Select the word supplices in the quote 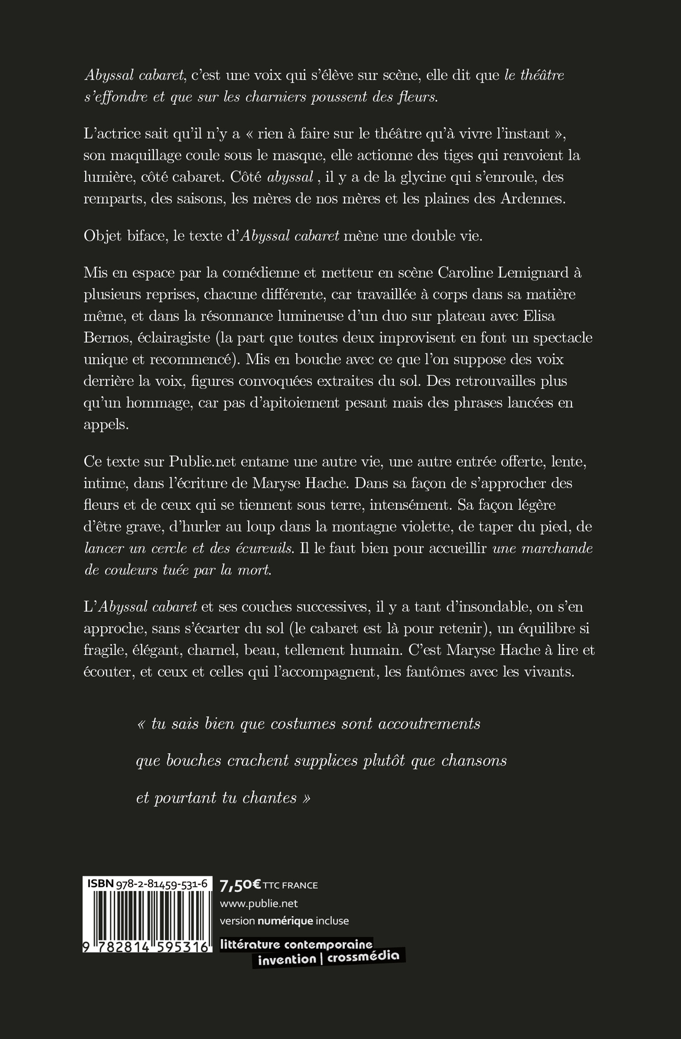(x=326, y=761)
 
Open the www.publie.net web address (x=259, y=903)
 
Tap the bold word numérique (x=285, y=921)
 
